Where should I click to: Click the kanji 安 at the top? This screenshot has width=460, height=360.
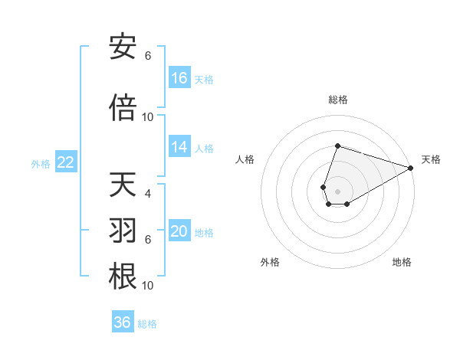(123, 48)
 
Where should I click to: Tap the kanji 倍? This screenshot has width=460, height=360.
(123, 107)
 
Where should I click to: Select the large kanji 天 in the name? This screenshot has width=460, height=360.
(123, 185)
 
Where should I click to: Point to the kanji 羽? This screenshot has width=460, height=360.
(123, 231)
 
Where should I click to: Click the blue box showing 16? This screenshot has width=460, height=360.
(179, 78)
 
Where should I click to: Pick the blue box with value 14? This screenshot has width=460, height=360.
(179, 148)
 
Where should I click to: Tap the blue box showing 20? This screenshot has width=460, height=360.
(179, 231)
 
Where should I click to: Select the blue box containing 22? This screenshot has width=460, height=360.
(65, 162)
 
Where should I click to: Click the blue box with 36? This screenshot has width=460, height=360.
(123, 322)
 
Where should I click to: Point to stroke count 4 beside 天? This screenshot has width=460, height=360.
(148, 194)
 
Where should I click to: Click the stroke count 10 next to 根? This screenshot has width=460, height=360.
(148, 285)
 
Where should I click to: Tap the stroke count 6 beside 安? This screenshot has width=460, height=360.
(148, 56)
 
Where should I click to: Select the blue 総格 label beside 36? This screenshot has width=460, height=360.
(147, 324)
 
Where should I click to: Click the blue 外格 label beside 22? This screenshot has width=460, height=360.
(41, 163)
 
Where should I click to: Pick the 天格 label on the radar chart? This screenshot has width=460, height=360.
(431, 159)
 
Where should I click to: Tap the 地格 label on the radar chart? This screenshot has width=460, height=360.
(402, 262)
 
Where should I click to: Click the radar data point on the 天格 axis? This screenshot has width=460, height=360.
(411, 168)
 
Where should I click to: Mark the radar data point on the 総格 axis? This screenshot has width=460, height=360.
(337, 146)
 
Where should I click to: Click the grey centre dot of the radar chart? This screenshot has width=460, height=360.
(337, 190)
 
